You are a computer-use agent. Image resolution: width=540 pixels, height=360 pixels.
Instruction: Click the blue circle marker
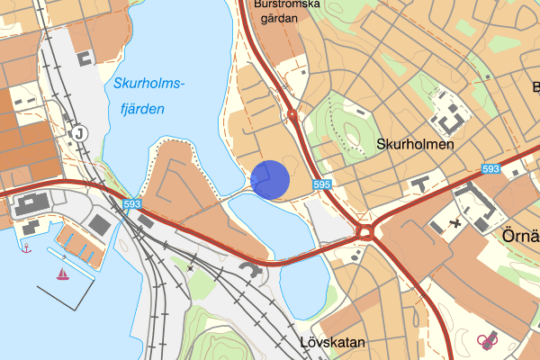click(270, 178)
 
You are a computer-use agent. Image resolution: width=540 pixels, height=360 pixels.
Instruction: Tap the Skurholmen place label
click(414, 144)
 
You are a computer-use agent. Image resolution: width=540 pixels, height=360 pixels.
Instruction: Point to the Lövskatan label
click(332, 343)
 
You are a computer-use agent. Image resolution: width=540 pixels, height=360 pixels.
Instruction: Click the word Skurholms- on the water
click(149, 85)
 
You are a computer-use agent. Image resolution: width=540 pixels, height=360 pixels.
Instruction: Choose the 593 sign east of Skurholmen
click(490, 168)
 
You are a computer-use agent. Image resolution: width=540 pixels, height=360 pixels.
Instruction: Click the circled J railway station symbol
click(80, 133)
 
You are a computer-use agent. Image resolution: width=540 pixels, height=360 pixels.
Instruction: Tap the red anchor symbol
click(26, 247)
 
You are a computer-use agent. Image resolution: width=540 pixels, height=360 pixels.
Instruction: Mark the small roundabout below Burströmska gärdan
click(293, 114)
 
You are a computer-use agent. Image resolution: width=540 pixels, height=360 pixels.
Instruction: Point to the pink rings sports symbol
click(488, 340)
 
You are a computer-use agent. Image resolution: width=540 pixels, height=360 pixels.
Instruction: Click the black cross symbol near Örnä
click(455, 221)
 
